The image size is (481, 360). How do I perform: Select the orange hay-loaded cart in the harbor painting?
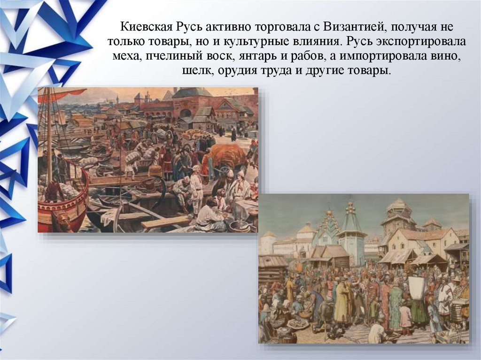tap(227, 155)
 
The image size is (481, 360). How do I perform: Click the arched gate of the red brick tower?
tap(186, 113)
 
